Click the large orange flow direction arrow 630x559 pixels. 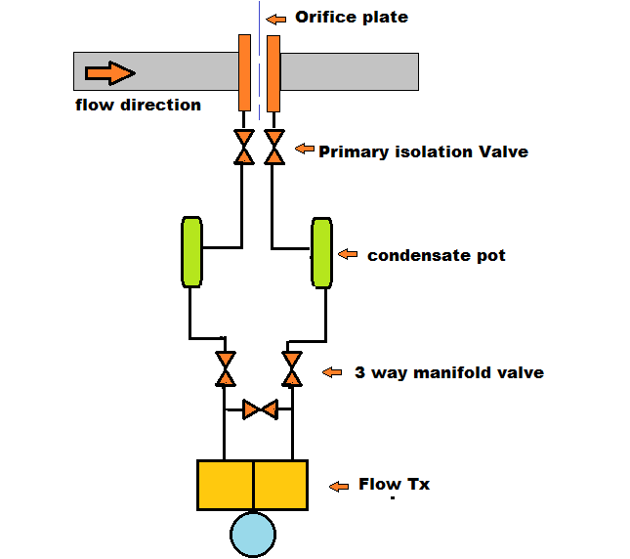(x=108, y=73)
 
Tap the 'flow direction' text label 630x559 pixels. (x=138, y=105)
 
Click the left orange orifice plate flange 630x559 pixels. (x=244, y=72)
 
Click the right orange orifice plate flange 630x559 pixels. (x=273, y=72)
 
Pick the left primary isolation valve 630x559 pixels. (x=244, y=147)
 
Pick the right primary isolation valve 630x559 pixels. (x=274, y=147)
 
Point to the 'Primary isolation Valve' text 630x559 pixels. (x=423, y=151)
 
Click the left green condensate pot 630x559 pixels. (x=191, y=252)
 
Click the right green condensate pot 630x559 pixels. (x=321, y=252)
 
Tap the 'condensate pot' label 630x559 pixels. (x=436, y=255)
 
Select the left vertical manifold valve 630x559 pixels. (x=226, y=368)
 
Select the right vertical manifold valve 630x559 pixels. (x=291, y=368)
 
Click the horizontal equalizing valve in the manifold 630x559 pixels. (x=260, y=408)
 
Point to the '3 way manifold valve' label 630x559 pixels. (x=448, y=372)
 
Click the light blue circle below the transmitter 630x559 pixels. (x=253, y=535)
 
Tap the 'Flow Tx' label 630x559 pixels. (x=394, y=484)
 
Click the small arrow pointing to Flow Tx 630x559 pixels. (x=339, y=486)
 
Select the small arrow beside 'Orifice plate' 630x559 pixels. (x=276, y=18)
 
